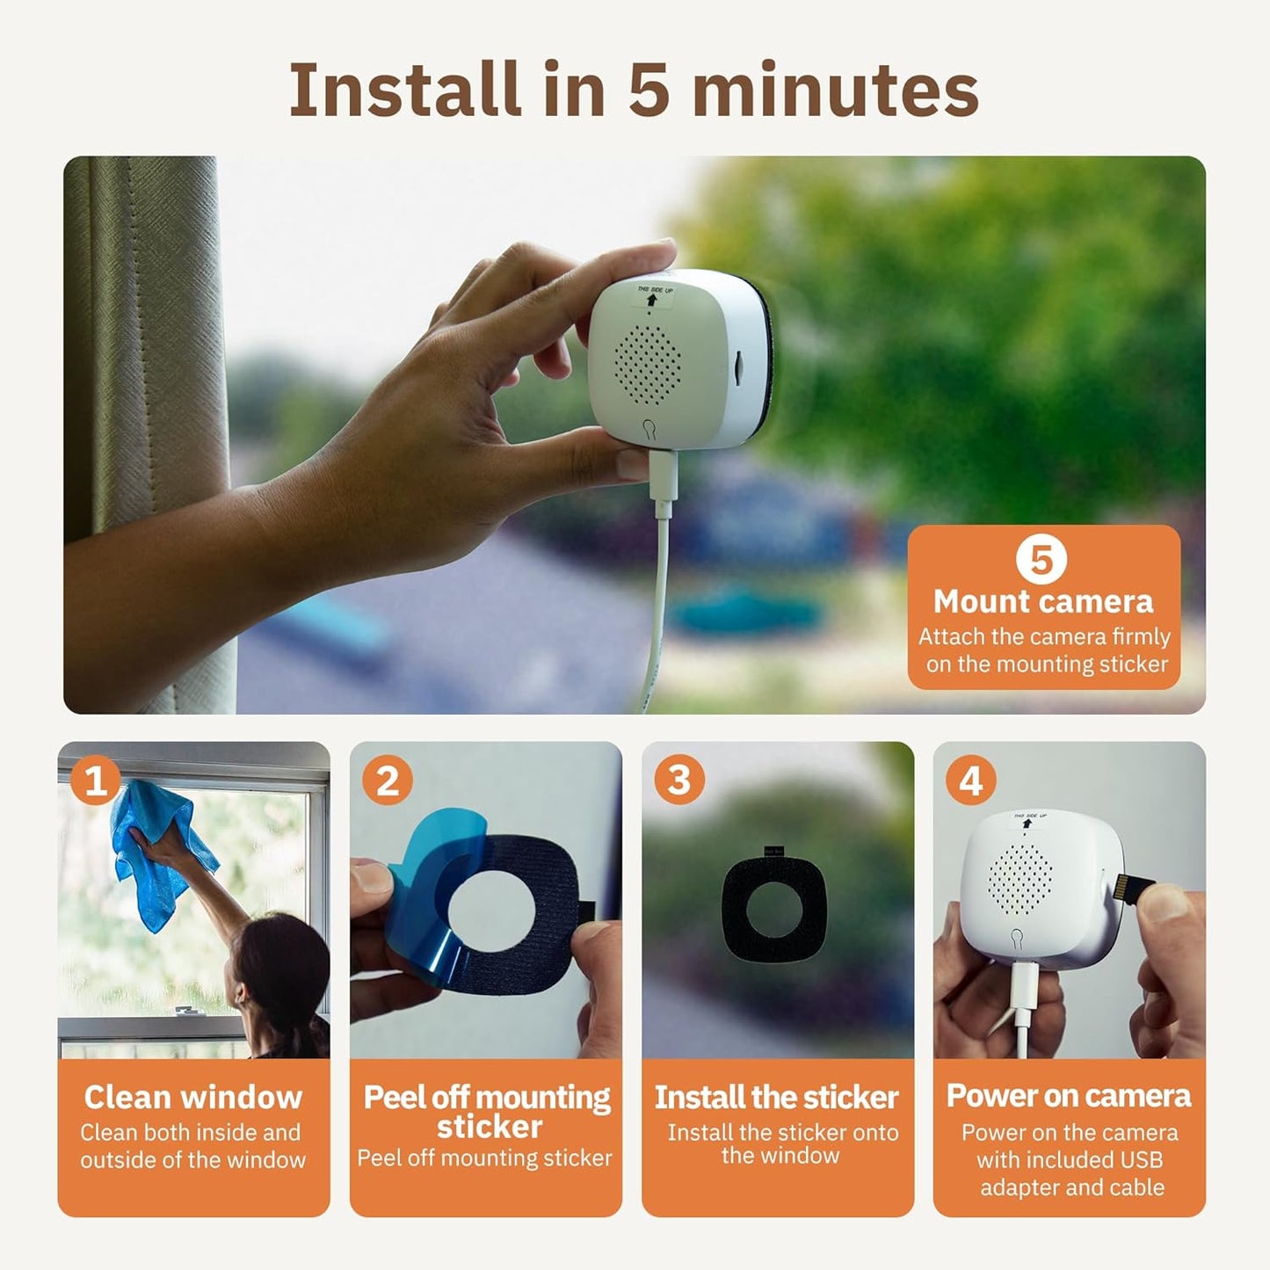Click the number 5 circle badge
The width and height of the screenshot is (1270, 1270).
pyautogui.click(x=1041, y=559)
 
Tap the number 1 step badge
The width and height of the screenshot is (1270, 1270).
pyautogui.click(x=95, y=780)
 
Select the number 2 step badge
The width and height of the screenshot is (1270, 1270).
pyautogui.click(x=388, y=780)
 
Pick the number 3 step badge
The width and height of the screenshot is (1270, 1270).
pyautogui.click(x=679, y=780)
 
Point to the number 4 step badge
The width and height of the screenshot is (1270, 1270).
pyautogui.click(x=971, y=780)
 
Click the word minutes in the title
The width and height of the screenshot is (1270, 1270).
pyautogui.click(x=835, y=90)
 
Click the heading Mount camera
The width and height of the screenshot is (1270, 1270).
pyautogui.click(x=1043, y=602)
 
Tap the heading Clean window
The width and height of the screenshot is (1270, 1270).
pyautogui.click(x=193, y=1097)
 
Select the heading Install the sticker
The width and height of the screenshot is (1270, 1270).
pyautogui.click(x=777, y=1097)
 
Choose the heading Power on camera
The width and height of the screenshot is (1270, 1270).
pyautogui.click(x=1069, y=1096)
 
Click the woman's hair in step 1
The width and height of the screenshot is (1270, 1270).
pyautogui.click(x=281, y=976)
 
